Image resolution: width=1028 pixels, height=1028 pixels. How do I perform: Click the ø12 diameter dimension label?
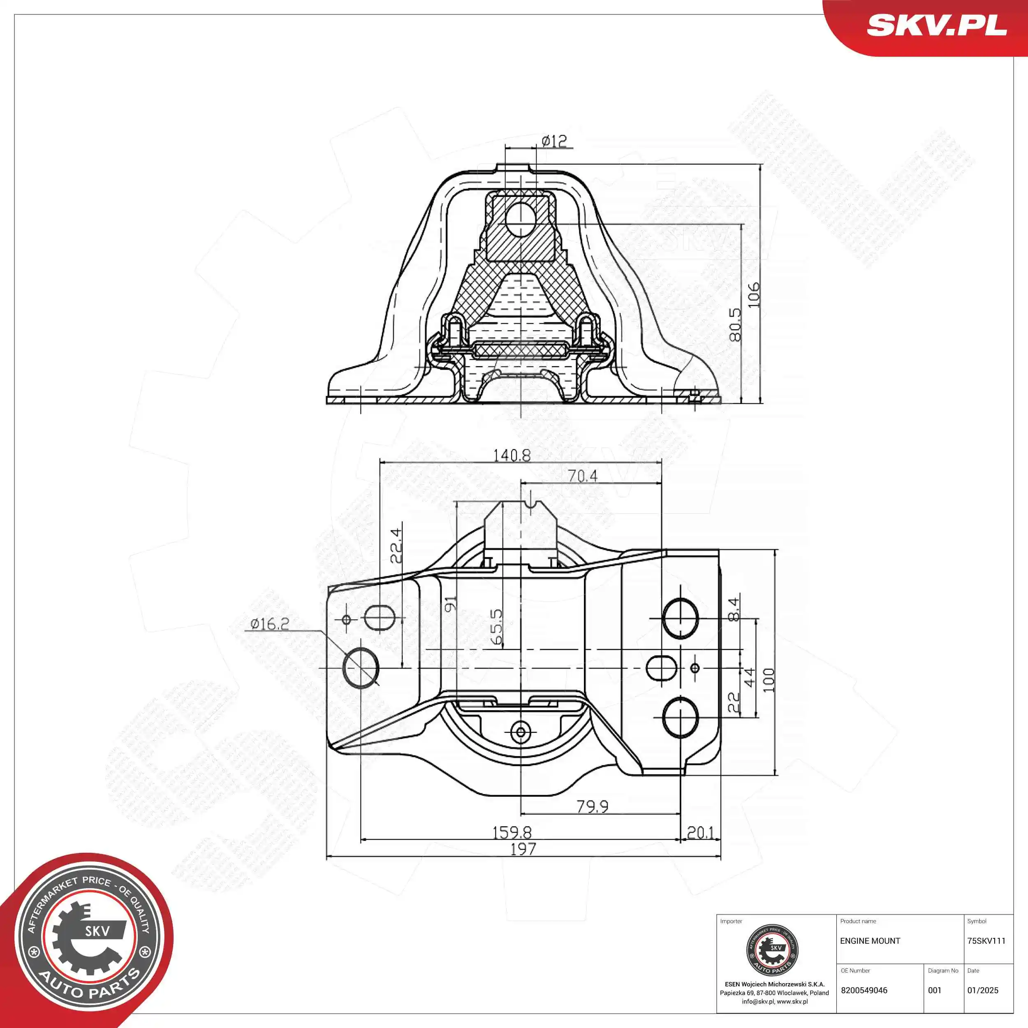click(554, 141)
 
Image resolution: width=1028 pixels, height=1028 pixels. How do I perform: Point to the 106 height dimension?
click(753, 294)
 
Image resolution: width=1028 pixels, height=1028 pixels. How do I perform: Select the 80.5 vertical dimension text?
click(735, 324)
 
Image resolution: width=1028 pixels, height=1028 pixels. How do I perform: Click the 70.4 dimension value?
click(582, 476)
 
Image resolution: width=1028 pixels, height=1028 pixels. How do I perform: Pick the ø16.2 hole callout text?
click(270, 624)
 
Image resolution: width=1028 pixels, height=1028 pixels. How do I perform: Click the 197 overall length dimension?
click(523, 849)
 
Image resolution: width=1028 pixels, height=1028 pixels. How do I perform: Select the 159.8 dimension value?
click(512, 832)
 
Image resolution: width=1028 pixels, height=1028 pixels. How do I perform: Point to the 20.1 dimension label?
click(700, 832)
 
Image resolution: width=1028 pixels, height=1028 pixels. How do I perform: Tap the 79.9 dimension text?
click(592, 807)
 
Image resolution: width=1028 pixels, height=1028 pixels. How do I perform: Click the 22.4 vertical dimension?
click(396, 545)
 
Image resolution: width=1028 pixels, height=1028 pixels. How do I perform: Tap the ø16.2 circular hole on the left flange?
click(361, 668)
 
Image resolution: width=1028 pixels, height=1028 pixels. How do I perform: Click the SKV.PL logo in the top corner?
click(936, 25)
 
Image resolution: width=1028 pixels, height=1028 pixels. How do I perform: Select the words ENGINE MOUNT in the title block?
click(870, 941)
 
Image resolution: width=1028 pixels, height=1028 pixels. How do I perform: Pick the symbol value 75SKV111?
click(986, 941)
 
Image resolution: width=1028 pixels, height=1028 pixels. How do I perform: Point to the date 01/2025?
click(983, 990)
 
